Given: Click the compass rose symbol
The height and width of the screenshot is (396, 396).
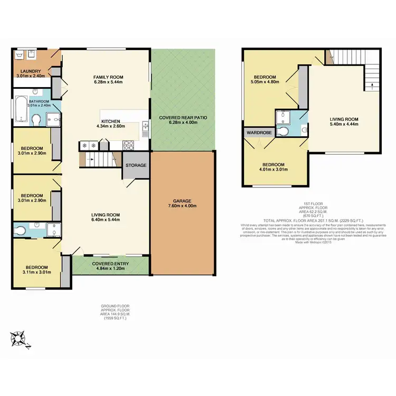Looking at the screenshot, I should [x=20, y=336].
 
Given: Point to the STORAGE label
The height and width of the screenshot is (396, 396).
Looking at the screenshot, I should [x=136, y=165].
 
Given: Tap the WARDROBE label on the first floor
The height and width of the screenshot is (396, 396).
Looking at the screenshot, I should [x=258, y=133].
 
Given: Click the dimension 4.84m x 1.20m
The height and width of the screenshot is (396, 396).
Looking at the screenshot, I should [x=110, y=268].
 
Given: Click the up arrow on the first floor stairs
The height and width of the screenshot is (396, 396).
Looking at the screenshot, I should [x=373, y=84].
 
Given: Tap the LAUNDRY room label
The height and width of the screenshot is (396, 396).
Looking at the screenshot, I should [x=31, y=71].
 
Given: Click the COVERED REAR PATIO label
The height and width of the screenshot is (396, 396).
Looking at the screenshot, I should [x=183, y=118].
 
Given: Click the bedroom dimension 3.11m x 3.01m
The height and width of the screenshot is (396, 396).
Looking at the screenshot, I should [x=37, y=273].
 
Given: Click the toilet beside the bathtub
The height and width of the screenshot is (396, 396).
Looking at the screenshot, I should [x=35, y=121].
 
